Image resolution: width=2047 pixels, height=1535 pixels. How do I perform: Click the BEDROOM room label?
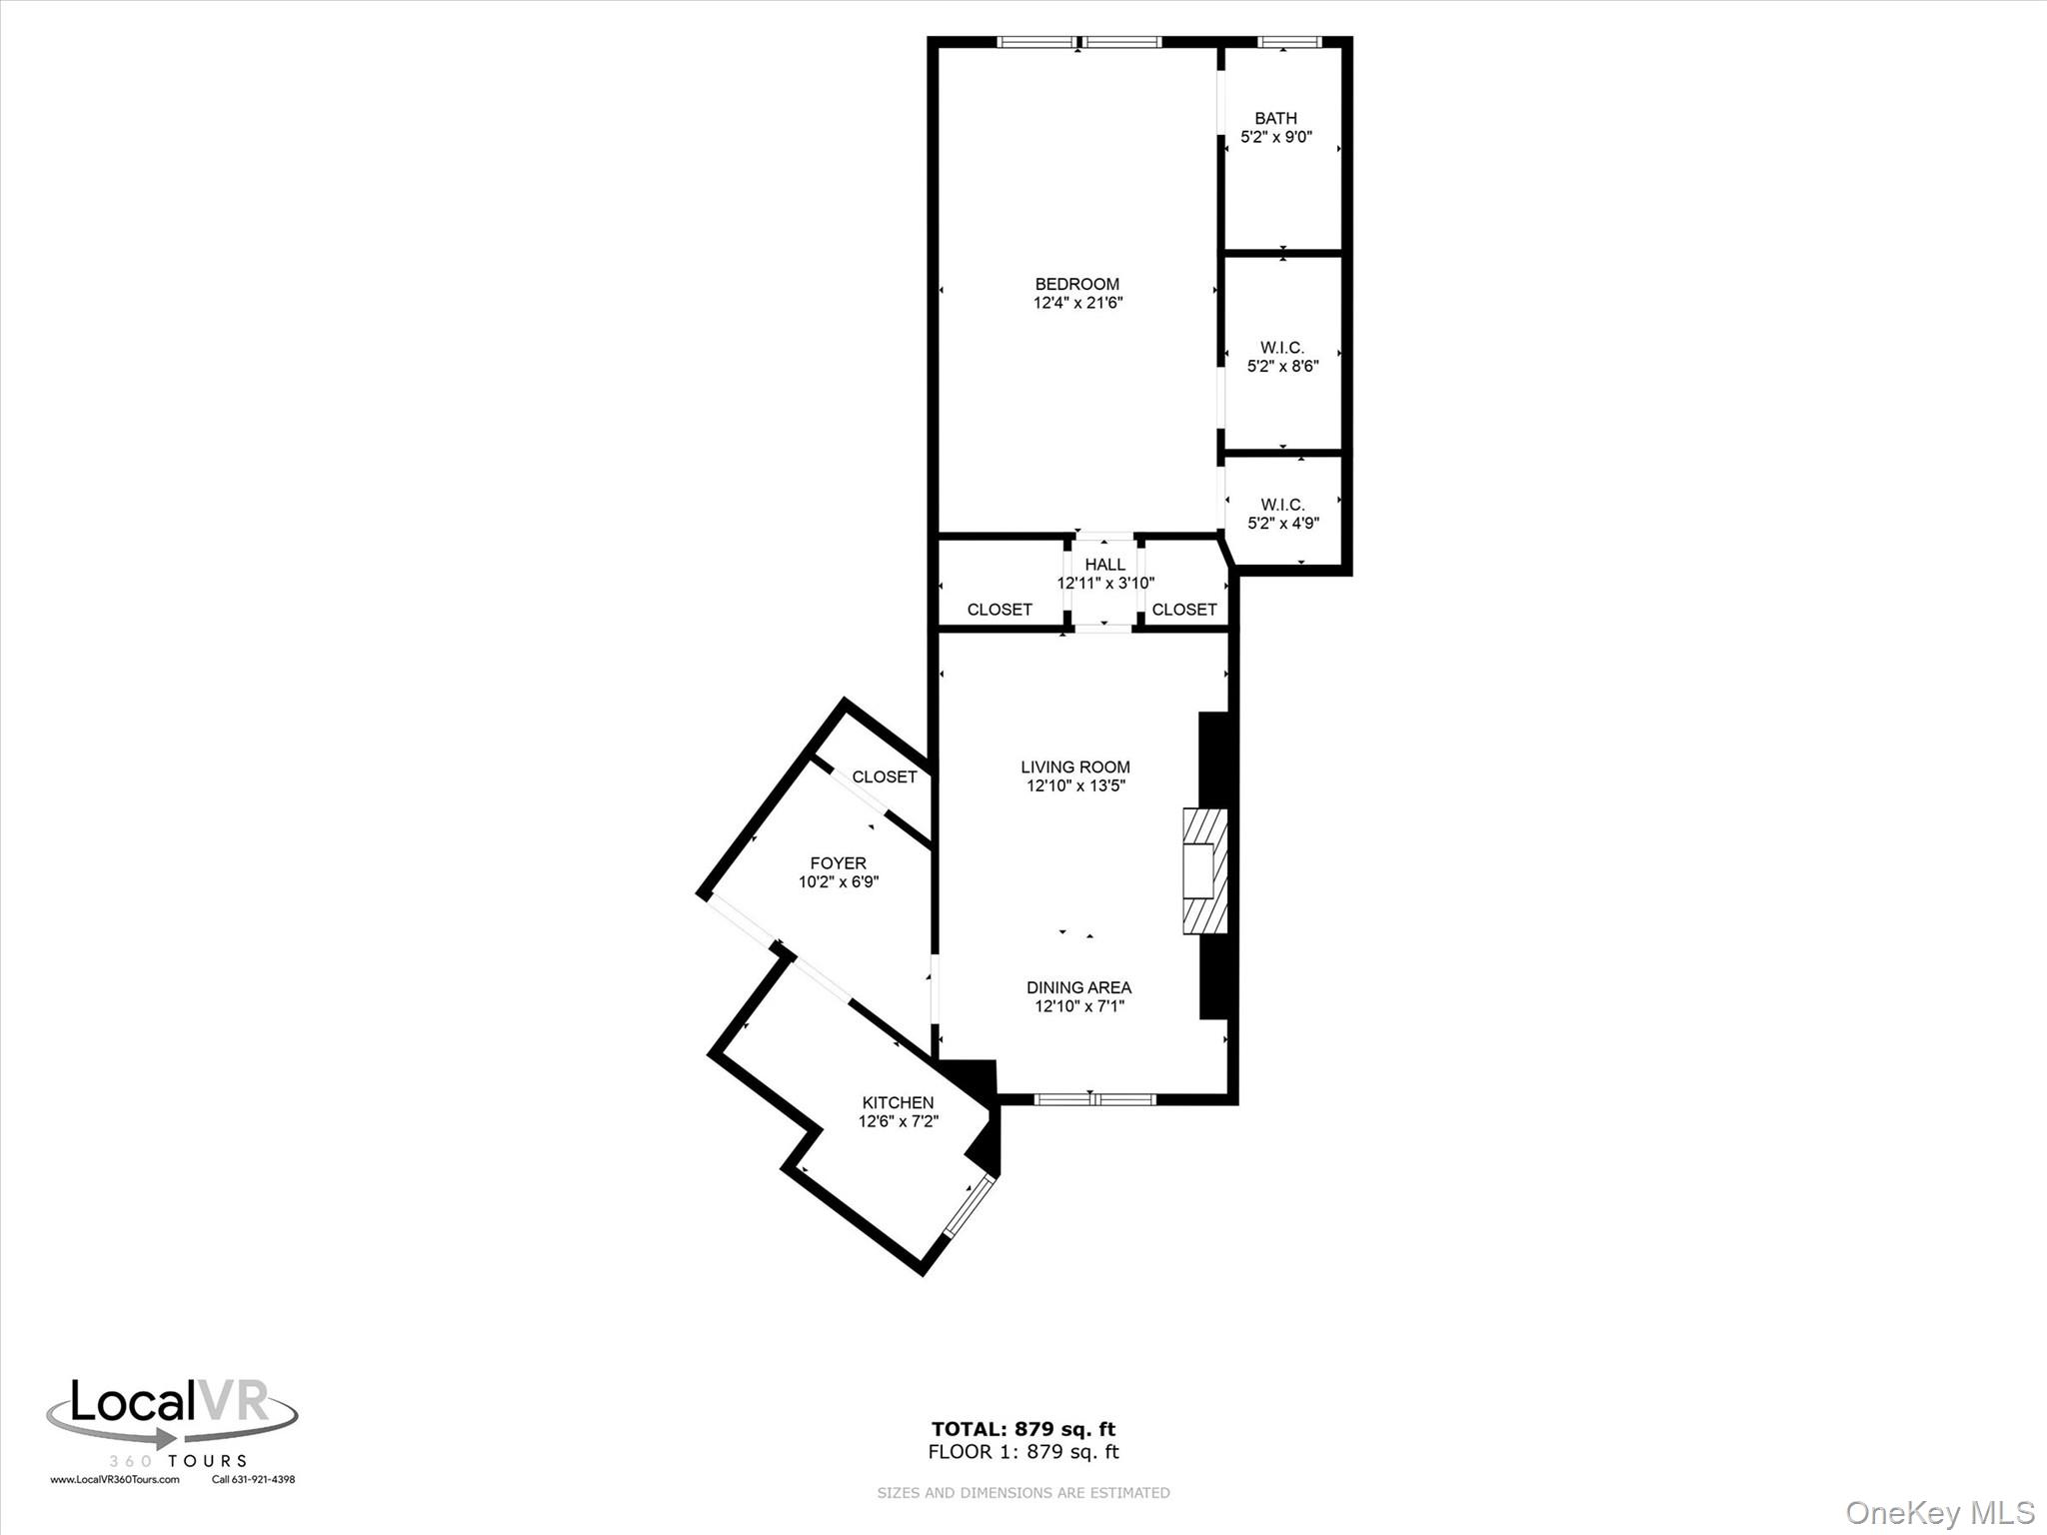point(1076,284)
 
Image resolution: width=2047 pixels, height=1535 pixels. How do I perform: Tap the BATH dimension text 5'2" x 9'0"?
point(1275,137)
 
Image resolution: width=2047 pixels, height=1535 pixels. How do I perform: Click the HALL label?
point(1104,565)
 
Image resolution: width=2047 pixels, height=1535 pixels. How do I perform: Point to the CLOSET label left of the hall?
point(1000,610)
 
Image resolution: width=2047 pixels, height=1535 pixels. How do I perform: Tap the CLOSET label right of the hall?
point(1183,610)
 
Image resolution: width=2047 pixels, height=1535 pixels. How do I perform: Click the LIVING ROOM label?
point(1075,767)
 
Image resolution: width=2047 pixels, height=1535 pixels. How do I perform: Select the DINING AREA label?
point(1078,987)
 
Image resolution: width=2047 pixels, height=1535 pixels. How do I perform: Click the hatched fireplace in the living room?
point(1204,870)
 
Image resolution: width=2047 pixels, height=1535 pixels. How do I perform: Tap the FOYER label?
point(838,863)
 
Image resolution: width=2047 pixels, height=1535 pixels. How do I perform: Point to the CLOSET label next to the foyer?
point(884,776)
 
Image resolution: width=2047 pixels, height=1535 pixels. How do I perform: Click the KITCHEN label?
point(898,1103)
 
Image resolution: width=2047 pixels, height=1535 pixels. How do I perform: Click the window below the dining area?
point(1094,1099)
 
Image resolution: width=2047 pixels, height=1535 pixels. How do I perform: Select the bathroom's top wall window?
point(1288,42)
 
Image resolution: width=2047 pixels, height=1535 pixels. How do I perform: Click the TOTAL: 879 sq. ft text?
point(1023,1429)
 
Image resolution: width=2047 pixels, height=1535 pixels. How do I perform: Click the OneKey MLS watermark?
point(1940,1512)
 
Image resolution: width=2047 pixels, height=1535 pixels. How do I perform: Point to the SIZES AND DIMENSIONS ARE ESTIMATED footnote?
point(1023,1493)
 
